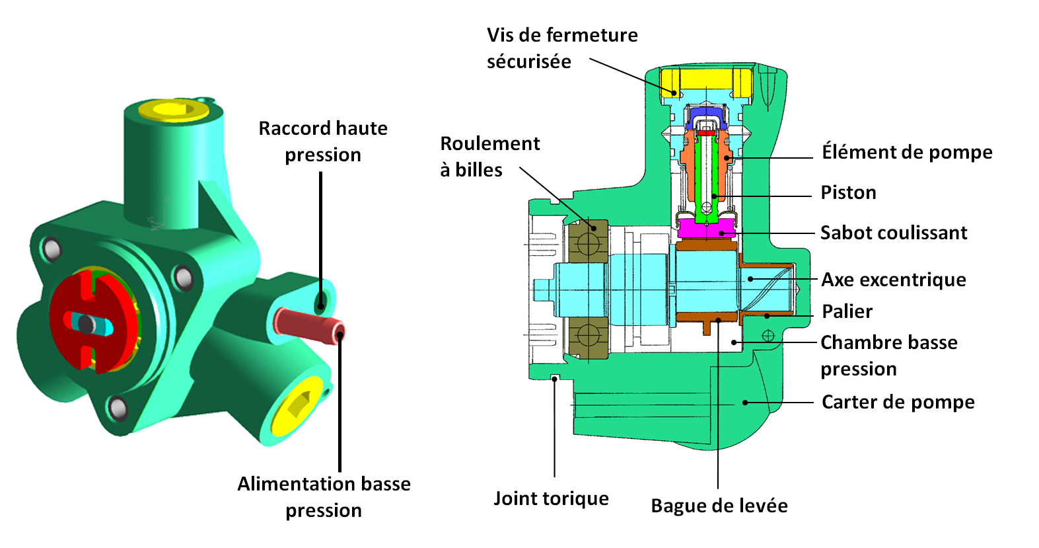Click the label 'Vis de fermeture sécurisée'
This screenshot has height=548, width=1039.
[562, 48]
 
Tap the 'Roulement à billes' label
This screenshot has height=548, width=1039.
[489, 157]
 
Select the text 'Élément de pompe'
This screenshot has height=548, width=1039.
[906, 152]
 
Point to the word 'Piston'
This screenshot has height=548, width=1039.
[848, 192]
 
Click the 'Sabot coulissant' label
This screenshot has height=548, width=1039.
[893, 233]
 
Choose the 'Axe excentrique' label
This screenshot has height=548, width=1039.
[893, 280]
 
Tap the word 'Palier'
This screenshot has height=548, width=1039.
[847, 311]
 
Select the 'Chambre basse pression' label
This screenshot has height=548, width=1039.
[888, 356]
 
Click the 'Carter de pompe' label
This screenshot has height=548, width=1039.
[898, 402]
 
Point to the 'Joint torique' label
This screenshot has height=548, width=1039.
[551, 498]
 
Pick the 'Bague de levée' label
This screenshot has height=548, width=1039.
[719, 506]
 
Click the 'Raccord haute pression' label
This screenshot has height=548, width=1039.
[323, 141]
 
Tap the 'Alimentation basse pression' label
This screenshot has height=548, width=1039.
[324, 497]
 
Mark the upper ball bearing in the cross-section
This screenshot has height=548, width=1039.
[587, 241]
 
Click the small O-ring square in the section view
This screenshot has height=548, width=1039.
[555, 377]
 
